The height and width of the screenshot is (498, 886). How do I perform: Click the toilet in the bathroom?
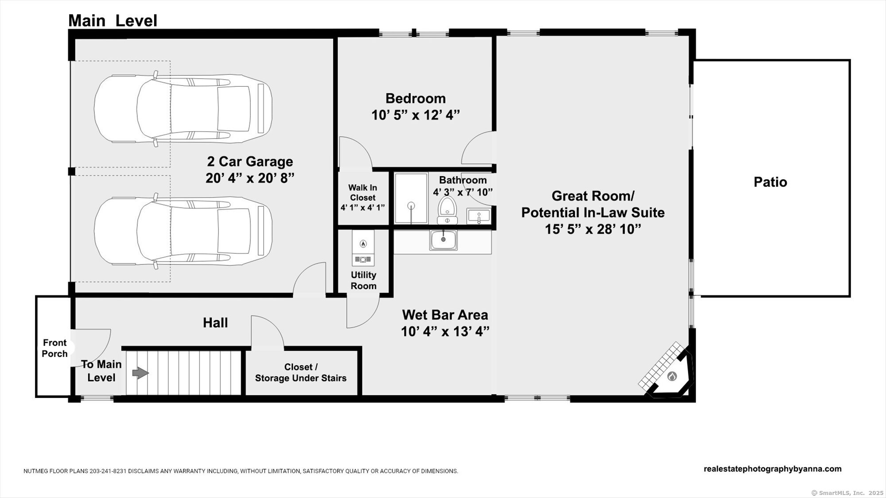point(447,210)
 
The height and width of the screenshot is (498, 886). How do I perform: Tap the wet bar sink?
point(443,240)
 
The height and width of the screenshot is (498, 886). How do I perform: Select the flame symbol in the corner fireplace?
point(672,376)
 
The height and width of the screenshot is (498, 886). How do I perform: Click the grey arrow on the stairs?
point(140,373)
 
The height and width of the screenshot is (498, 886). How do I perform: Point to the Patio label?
point(770,182)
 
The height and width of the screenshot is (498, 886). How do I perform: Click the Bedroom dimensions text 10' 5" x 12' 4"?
point(416,115)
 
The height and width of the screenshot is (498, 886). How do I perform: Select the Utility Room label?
point(364,280)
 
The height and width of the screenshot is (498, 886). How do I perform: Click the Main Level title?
point(113,20)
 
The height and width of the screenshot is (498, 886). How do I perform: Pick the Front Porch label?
point(55,348)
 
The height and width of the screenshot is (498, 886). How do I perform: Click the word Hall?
point(215,323)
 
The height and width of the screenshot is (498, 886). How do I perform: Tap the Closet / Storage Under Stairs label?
point(301,372)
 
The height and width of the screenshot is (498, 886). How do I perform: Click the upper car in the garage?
point(183,108)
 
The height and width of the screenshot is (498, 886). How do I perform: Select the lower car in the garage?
point(183,231)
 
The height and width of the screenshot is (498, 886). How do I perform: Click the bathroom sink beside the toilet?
point(478,216)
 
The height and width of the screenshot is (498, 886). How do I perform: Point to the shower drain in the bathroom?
point(411,205)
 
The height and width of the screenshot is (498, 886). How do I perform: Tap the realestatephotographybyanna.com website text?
point(773,469)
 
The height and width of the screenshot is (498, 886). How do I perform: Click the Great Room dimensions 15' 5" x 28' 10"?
point(593,229)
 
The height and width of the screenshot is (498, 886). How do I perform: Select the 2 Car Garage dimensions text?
point(250,178)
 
